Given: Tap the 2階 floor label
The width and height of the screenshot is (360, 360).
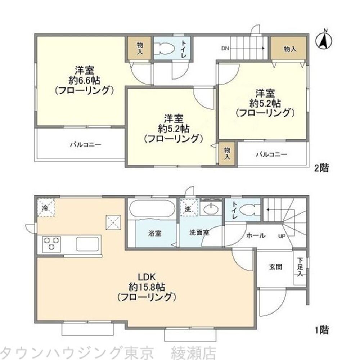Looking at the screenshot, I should point(321,168).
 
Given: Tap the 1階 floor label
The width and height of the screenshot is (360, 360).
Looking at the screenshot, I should point(321,329).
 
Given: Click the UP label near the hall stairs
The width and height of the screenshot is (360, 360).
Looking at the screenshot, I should point(282,236).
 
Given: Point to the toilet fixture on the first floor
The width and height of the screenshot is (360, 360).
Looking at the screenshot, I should point(247,209).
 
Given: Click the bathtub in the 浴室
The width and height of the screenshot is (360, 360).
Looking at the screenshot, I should point(152,209).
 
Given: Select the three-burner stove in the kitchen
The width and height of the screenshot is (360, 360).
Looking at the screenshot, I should point(51,244).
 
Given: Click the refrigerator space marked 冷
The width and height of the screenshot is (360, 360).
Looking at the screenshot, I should point(45,208).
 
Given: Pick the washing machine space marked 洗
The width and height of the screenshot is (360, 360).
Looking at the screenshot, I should point(188,208).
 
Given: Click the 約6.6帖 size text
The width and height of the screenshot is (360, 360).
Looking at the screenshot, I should point(84,80).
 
